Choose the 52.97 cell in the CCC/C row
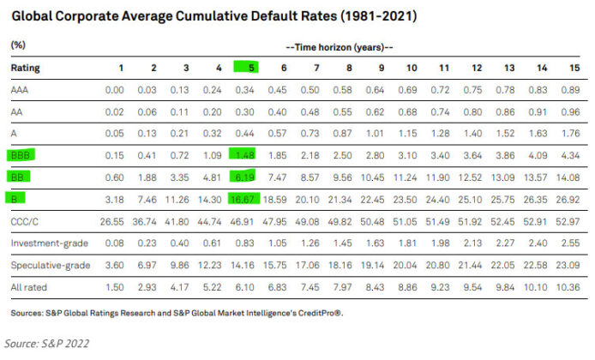pos(569,221)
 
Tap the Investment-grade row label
pos(43,243)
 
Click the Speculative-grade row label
pos(45,266)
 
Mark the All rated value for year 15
pos(569,287)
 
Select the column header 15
pos(572,67)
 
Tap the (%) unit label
pos(17,44)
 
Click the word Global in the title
pos(33,15)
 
